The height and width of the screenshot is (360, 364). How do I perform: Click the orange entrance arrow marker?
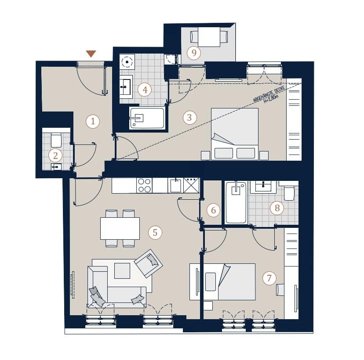coord(91,54)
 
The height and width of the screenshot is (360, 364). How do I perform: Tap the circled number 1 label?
coord(93,121)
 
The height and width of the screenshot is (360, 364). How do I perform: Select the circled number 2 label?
coord(55,155)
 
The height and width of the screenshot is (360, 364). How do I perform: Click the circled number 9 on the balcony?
coord(193,53)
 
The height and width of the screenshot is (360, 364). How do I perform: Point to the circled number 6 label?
coord(213,210)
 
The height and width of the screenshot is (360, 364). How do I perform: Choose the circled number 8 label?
coord(277,208)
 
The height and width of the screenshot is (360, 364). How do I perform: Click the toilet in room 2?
coord(56,140)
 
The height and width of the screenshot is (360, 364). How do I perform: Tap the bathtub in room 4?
coord(147,118)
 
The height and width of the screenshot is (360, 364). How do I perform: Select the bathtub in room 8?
coord(236,202)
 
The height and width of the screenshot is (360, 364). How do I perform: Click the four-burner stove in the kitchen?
coord(144,185)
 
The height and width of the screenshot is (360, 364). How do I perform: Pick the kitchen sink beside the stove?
coord(175,186)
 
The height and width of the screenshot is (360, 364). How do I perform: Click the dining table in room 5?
coord(120,228)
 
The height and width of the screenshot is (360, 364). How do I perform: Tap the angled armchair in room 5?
coord(149,263)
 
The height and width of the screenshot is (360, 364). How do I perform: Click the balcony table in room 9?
coord(209,37)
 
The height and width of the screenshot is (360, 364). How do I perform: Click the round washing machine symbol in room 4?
coord(127,62)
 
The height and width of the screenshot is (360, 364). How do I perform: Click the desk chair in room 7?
coord(280,290)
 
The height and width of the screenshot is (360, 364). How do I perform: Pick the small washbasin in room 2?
coord(56,167)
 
